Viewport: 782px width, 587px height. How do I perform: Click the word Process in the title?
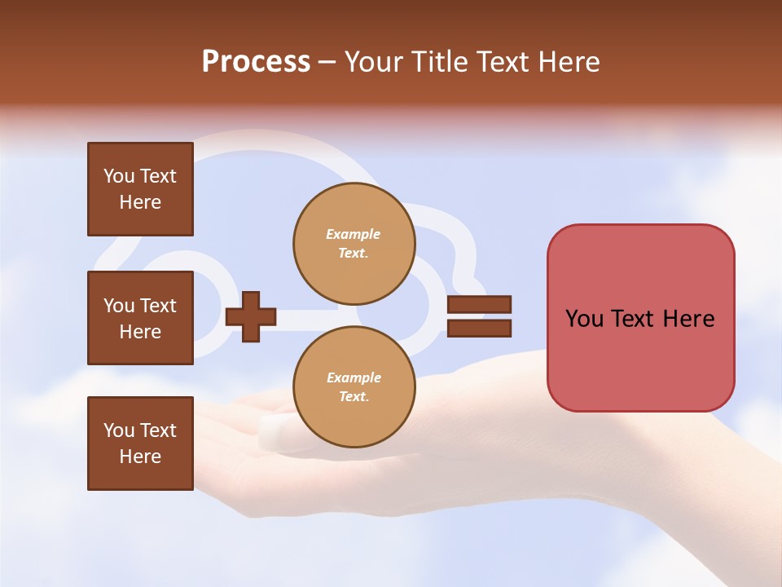[256, 62]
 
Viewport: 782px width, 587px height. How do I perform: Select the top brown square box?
[140, 189]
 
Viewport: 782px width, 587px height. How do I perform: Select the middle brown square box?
[140, 318]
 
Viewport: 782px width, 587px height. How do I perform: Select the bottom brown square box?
[140, 444]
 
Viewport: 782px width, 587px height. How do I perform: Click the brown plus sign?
[251, 316]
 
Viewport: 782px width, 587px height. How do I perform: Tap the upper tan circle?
[354, 244]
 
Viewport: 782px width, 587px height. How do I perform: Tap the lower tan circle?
[354, 387]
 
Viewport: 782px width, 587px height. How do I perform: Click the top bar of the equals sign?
[479, 305]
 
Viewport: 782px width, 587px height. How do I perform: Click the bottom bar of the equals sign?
[479, 328]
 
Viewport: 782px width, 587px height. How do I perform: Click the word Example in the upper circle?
[354, 234]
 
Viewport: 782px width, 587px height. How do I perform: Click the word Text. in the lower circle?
[354, 397]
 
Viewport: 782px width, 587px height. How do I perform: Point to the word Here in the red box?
[688, 319]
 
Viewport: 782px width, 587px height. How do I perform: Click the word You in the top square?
[119, 176]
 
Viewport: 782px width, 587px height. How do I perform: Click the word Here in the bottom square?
[140, 457]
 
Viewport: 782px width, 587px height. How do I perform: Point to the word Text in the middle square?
[158, 306]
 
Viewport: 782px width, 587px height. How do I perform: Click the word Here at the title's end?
[568, 62]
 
